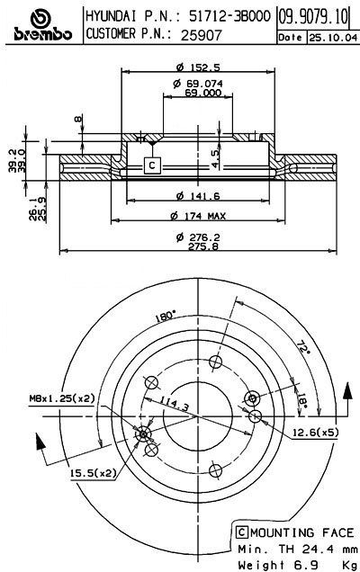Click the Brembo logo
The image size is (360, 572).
point(37,24)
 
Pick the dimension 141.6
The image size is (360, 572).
point(193,196)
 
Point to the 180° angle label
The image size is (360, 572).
point(166,317)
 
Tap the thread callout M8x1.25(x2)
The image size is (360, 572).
point(55,398)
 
